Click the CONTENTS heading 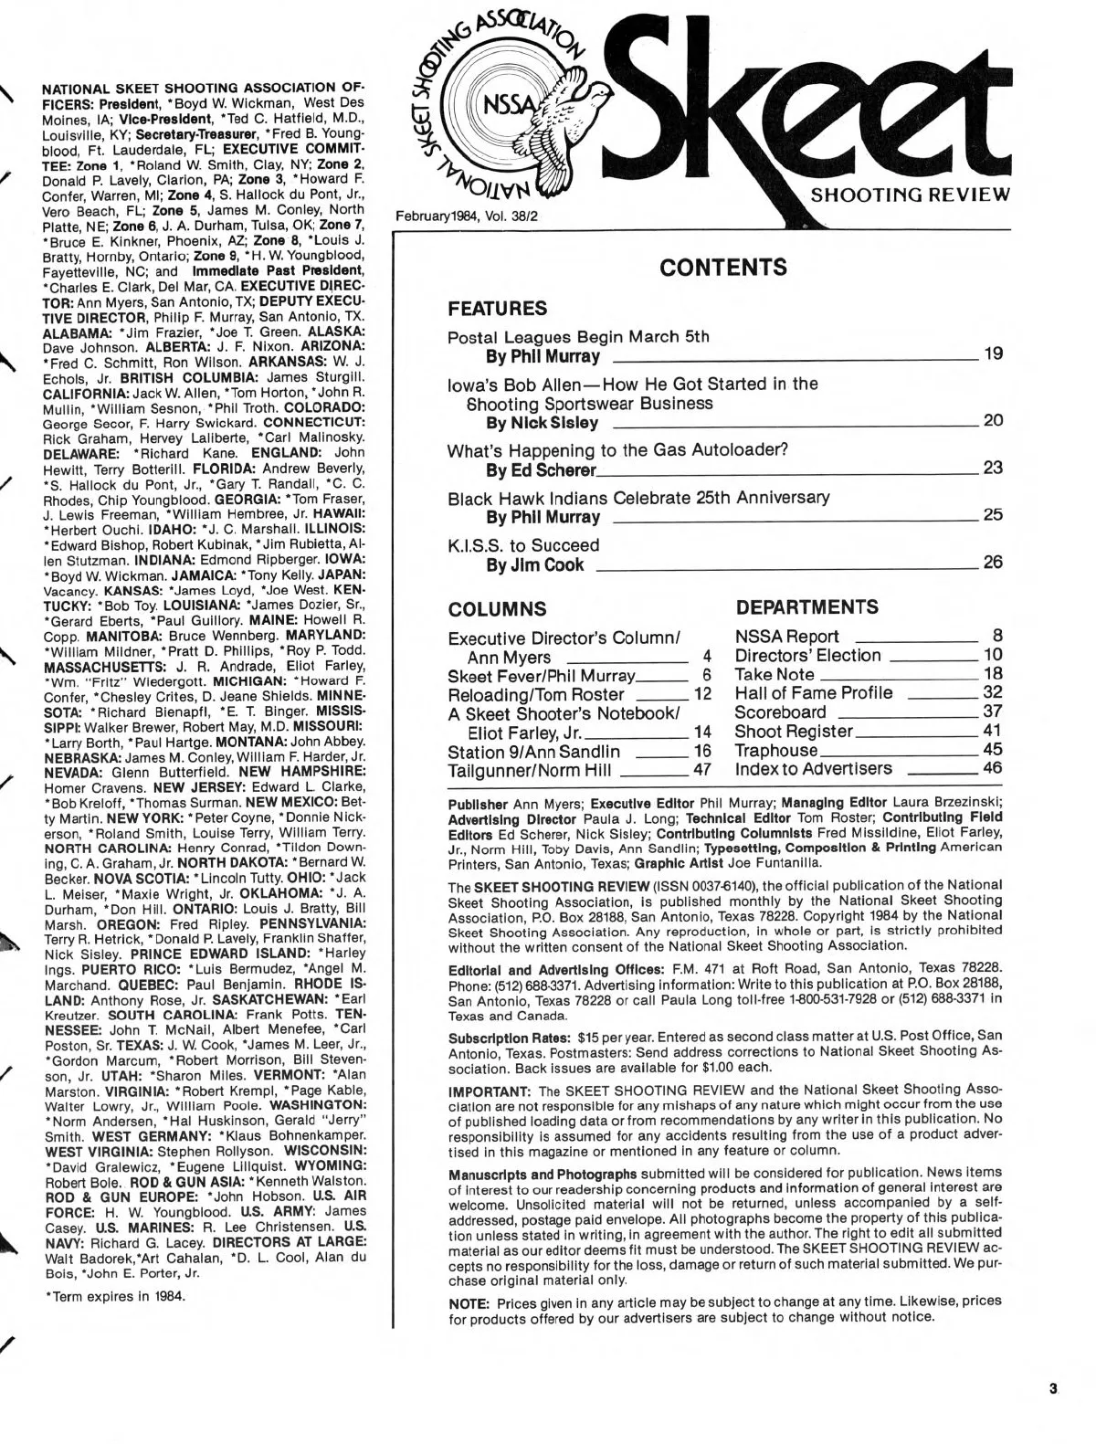click(x=722, y=268)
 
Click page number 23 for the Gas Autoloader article click(x=993, y=468)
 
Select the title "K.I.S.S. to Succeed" click(x=523, y=545)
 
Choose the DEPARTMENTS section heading click(x=806, y=607)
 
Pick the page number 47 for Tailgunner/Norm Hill click(x=702, y=771)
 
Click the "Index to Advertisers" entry click(x=813, y=769)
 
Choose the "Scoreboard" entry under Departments click(x=780, y=711)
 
